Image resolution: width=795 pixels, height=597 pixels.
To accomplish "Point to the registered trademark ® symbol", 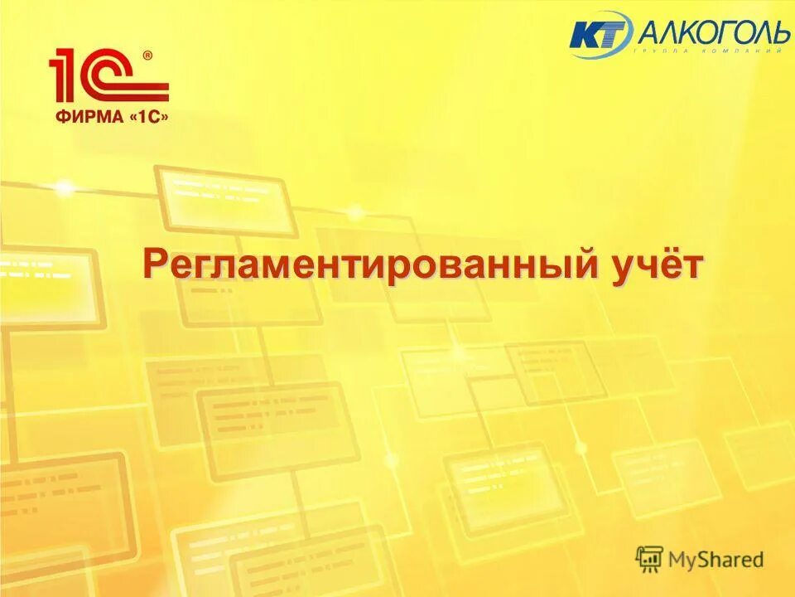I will tap(147, 56).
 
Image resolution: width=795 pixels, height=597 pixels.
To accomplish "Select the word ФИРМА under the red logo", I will tap(86, 118).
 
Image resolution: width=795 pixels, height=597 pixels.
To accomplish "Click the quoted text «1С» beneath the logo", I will tap(147, 118).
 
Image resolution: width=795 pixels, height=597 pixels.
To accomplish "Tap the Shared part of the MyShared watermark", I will tap(730, 560).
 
